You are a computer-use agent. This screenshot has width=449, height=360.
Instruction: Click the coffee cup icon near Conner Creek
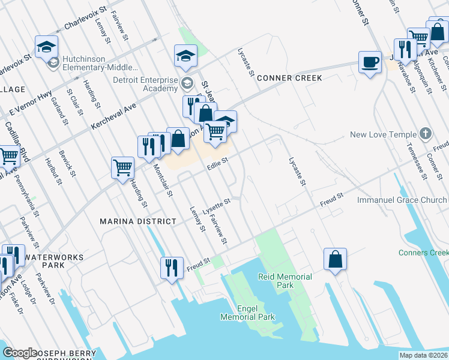369,62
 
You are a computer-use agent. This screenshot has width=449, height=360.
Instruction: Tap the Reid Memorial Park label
285,281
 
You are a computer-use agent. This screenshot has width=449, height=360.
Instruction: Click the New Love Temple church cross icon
426,134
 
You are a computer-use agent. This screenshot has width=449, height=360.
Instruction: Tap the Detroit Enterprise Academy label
146,84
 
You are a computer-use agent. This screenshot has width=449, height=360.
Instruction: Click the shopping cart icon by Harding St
122,167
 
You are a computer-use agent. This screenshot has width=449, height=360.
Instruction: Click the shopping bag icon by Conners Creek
336,259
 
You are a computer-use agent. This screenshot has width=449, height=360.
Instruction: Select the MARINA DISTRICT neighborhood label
138,221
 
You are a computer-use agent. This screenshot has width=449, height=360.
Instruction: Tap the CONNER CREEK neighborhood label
289,79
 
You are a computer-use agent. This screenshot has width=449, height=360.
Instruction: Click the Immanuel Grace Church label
403,199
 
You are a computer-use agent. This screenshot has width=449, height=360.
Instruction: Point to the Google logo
19,353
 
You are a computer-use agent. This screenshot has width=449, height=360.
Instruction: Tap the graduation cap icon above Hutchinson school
46,46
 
